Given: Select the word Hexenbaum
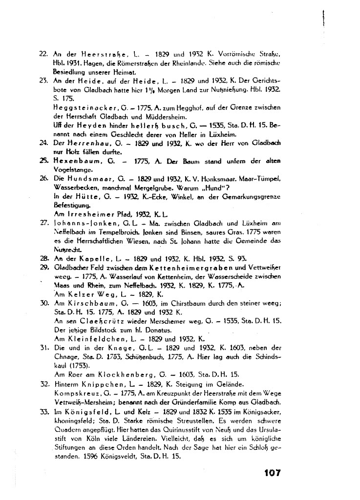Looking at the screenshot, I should click(x=73, y=161).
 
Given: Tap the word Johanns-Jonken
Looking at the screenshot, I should click(x=74, y=224).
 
